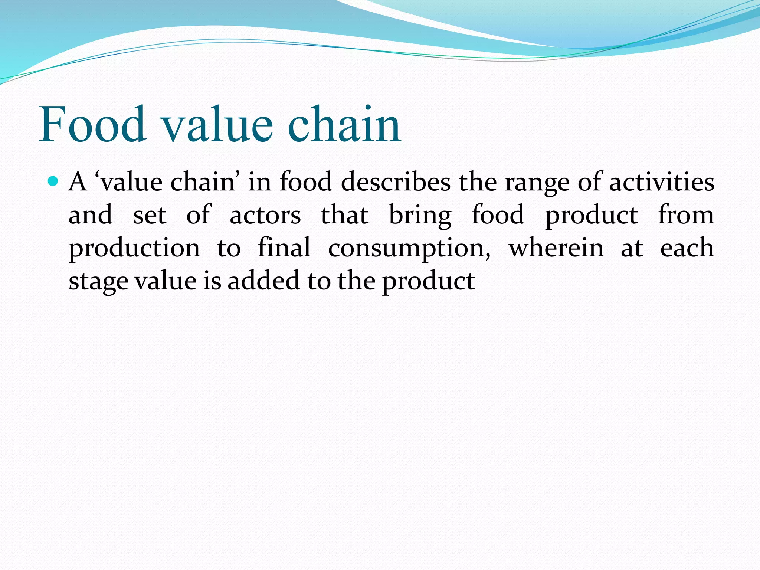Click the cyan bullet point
tap(54, 181)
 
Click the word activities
tap(662, 182)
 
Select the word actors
tap(265, 215)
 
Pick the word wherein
tap(556, 248)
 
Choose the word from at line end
tap(686, 215)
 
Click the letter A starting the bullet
tap(78, 182)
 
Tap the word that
tap(345, 215)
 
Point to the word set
tap(150, 216)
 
